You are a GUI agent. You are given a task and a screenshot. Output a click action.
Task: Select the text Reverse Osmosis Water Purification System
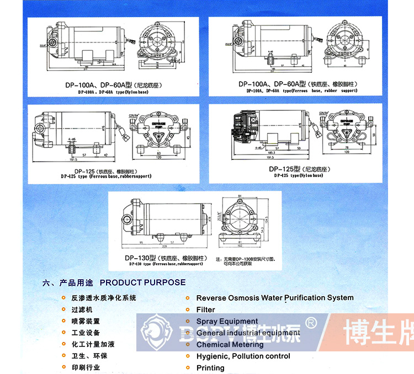[x=275, y=298]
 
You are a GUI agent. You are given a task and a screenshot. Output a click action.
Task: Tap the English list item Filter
[x=206, y=310]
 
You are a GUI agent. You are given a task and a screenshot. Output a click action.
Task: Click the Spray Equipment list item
[x=227, y=321]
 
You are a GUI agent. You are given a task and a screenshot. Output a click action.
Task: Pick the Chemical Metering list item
[x=230, y=345]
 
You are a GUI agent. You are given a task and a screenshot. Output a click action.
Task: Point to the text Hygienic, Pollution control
[x=243, y=356]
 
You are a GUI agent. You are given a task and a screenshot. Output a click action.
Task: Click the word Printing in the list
[x=210, y=368]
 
